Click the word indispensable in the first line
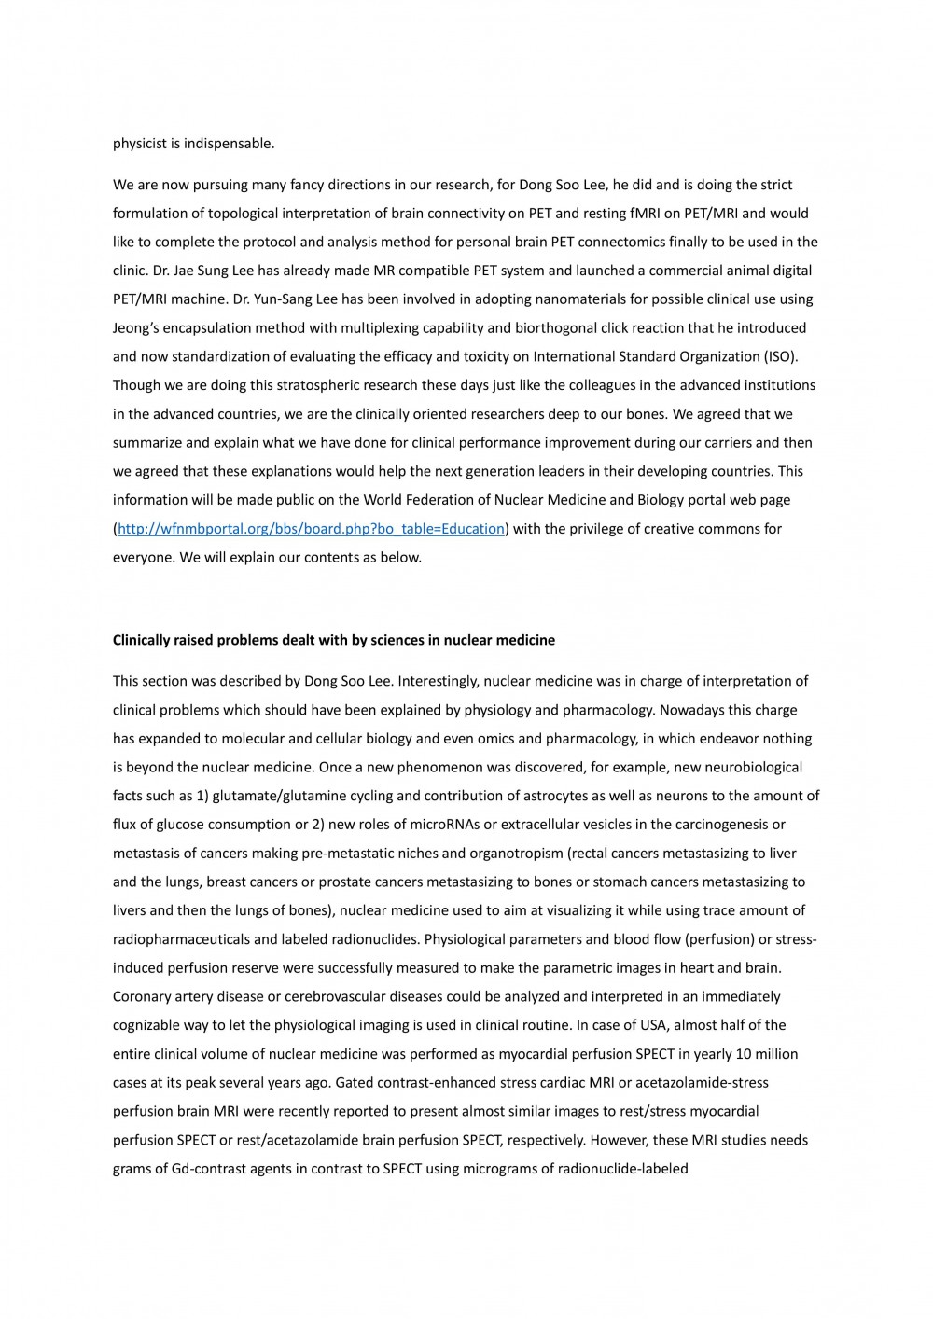pyautogui.click(x=229, y=144)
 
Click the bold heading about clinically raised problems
pyautogui.click(x=334, y=640)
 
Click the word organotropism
pyautogui.click(x=518, y=854)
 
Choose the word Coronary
pyautogui.click(x=141, y=996)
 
